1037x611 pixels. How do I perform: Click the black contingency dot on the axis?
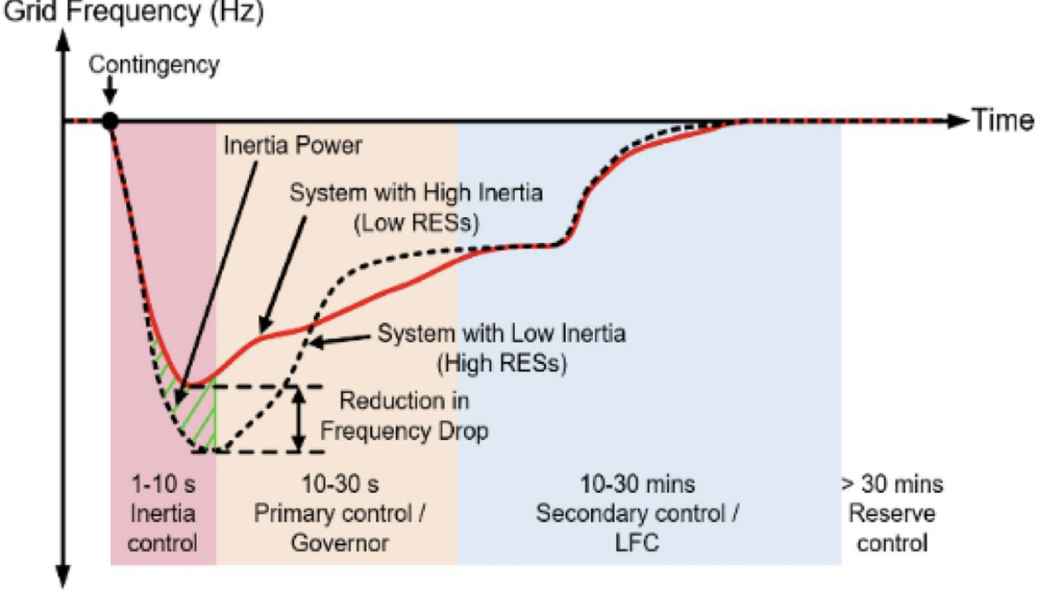[x=109, y=121]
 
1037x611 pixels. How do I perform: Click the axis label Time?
[x=1001, y=121]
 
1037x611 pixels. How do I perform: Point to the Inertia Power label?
[x=293, y=145]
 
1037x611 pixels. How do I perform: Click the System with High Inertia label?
[x=417, y=194]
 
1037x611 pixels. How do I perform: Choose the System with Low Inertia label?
[x=501, y=335]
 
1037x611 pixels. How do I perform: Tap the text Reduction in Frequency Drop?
[x=405, y=416]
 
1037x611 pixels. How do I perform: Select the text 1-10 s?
[x=164, y=485]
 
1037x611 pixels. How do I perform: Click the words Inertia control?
[x=164, y=528]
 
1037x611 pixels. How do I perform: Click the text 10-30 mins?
[x=638, y=485]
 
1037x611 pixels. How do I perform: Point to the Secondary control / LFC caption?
[x=638, y=528]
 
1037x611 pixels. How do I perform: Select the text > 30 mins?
[x=893, y=485]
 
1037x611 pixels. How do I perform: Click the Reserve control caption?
[x=893, y=528]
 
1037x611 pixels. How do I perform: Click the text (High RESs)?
[x=501, y=364]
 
